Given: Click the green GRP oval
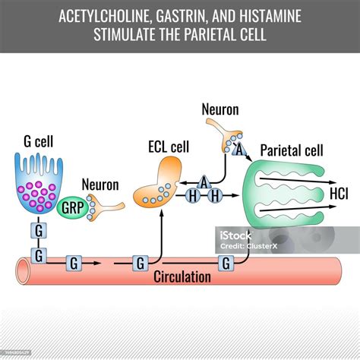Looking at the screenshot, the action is point(72,208).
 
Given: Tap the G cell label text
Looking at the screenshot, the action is point(39,141).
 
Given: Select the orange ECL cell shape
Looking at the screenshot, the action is point(158,185).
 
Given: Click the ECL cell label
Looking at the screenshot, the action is point(169,147).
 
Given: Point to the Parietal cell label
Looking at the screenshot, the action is point(292,150).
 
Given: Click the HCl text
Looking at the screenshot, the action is point(339,194).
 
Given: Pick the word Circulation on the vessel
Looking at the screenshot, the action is point(182,276).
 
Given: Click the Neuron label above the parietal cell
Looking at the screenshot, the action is point(220,109).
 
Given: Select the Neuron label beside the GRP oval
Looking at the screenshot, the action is point(100,185).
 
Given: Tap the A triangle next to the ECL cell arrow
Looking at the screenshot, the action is point(204,182).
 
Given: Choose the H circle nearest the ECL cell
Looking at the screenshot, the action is point(193,196).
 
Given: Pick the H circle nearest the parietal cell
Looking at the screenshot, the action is point(215,196).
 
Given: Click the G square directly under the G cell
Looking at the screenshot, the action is point(39,230).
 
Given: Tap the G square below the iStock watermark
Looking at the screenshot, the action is point(226,264).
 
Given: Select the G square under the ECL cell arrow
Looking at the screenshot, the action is point(141,264).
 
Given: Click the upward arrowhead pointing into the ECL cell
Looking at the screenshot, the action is point(162,213).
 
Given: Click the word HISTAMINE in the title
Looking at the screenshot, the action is point(270,16).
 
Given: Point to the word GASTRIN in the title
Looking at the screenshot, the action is point(180,16).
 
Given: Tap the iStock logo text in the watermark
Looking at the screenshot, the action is point(235,235).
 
